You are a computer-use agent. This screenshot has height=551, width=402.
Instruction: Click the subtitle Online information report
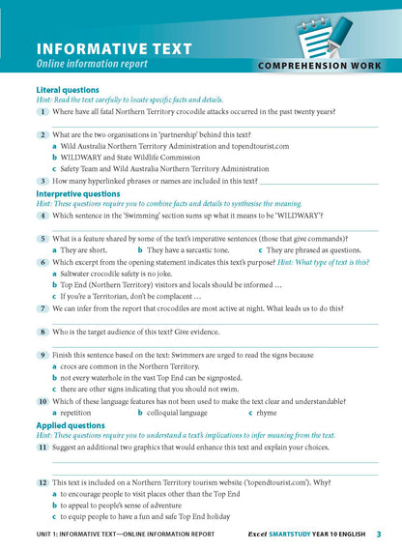[92, 65]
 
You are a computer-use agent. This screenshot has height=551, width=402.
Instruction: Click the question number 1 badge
[43, 112]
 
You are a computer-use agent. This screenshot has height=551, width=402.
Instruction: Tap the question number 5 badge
[43, 238]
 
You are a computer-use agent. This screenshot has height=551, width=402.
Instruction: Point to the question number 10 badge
[43, 400]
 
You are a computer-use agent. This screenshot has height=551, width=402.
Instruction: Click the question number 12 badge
[43, 480]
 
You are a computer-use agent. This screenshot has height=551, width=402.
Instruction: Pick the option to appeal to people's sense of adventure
[137, 504]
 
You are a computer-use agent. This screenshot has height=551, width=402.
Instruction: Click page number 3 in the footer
[378, 534]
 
